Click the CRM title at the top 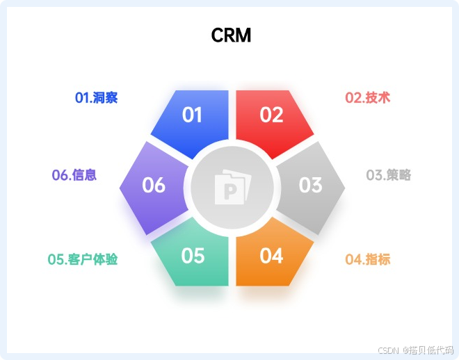pyautogui.click(x=231, y=35)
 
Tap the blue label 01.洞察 pyautogui.click(x=96, y=98)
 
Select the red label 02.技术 pyautogui.click(x=368, y=98)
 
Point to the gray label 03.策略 pyautogui.click(x=389, y=175)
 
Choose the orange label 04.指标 pyautogui.click(x=368, y=260)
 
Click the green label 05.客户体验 pyautogui.click(x=83, y=260)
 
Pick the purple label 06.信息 pyautogui.click(x=74, y=175)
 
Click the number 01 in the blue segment pyautogui.click(x=192, y=115)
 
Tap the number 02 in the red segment pyautogui.click(x=271, y=115)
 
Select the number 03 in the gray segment pyautogui.click(x=310, y=185)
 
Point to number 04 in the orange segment pyautogui.click(x=271, y=256)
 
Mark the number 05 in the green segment pyautogui.click(x=193, y=256)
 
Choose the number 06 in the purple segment pyautogui.click(x=154, y=185)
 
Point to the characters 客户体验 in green pyautogui.click(x=93, y=260)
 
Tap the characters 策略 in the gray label pyautogui.click(x=398, y=175)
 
